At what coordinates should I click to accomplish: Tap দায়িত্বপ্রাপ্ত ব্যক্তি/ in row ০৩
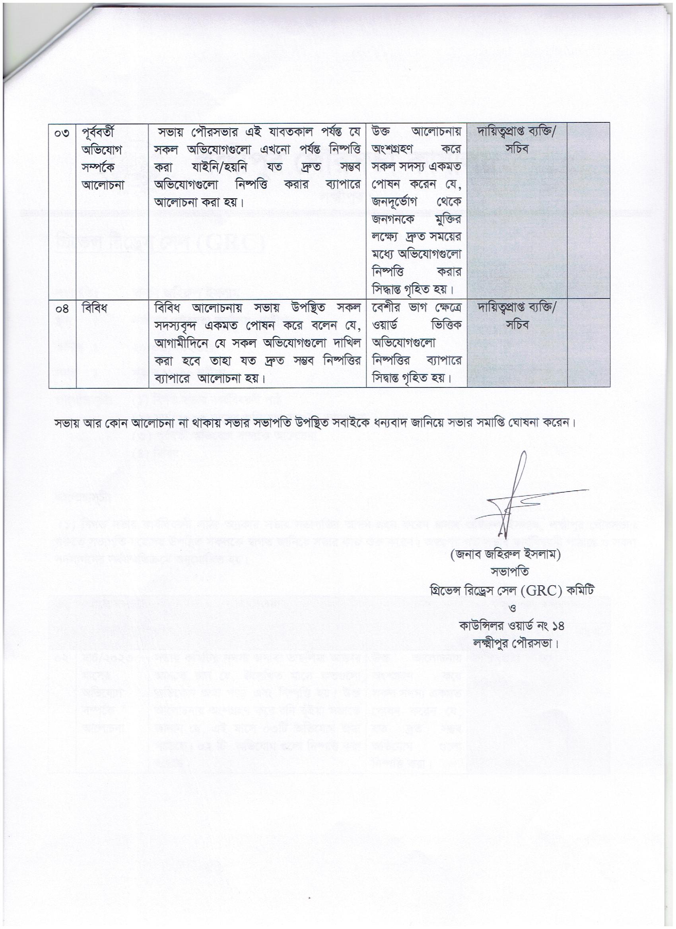[517, 132]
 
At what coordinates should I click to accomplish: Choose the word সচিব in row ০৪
[517, 325]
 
